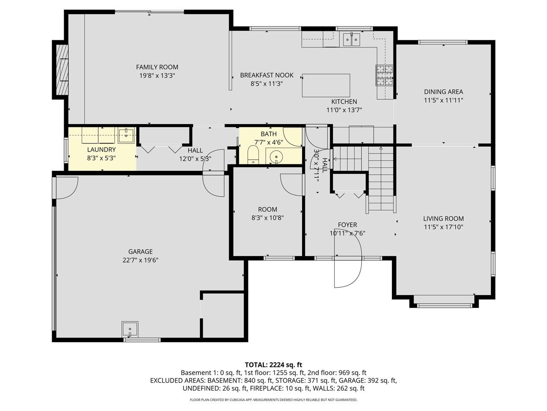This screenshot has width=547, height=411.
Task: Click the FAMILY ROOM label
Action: (157, 67)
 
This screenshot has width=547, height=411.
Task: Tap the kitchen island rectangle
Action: (326, 85)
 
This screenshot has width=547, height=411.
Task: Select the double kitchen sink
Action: (351, 39)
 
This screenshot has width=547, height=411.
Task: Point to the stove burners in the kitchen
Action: (384, 75)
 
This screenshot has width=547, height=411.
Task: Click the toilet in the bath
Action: (253, 155)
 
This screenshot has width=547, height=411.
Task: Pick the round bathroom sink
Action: (276, 156)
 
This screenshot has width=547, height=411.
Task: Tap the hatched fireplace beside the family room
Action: (62, 70)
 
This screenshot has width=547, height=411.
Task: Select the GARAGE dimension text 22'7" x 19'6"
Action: (140, 260)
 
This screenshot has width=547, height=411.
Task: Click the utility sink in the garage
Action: (130, 329)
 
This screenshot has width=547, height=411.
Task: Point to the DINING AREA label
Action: (443, 92)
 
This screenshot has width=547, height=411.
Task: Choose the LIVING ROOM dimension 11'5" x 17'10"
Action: (443, 227)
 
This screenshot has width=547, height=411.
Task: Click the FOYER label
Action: (347, 225)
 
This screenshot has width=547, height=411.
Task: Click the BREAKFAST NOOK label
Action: (267, 75)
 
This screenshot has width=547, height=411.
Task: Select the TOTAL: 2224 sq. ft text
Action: (273, 365)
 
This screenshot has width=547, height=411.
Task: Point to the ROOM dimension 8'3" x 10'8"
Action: (268, 218)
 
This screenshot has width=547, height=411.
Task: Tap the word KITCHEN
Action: (344, 102)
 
